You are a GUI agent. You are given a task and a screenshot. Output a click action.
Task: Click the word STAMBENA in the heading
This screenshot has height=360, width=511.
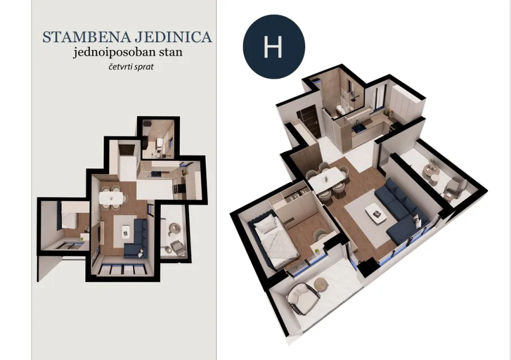point(87,37)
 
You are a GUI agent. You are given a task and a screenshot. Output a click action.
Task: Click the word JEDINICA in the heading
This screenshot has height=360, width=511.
point(173,37)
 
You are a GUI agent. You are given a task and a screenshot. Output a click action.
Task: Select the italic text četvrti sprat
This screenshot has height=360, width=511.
point(131,67)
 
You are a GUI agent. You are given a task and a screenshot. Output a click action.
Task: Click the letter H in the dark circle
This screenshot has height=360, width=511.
point(273,47)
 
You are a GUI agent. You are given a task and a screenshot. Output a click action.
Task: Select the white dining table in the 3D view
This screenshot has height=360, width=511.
point(326,178)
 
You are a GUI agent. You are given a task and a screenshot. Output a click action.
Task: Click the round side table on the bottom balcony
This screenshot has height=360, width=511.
point(320,285)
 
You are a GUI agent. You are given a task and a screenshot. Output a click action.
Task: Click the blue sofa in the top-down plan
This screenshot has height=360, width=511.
point(137,238)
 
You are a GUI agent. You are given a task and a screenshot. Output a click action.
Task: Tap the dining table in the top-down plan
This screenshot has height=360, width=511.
point(111,197)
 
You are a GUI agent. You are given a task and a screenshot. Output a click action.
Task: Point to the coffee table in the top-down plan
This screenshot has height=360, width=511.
point(125,231)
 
